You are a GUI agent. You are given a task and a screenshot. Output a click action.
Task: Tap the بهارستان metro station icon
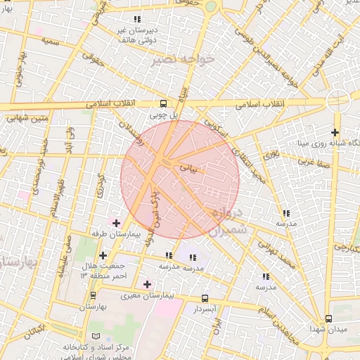point(93,295)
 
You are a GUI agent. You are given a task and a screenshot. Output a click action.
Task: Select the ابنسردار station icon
point(205,298)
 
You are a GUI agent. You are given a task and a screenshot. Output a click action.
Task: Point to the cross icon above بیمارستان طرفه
point(116,223)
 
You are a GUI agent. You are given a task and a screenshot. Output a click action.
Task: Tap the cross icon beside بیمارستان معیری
point(146,284)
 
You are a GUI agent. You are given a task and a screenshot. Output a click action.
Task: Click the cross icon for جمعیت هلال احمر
point(103,255)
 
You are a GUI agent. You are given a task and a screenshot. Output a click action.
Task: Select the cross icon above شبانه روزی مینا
point(335,132)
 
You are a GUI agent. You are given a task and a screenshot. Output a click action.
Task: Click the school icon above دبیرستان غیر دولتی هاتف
point(136,18)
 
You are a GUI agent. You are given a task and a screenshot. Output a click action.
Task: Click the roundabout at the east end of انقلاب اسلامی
point(337,102)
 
